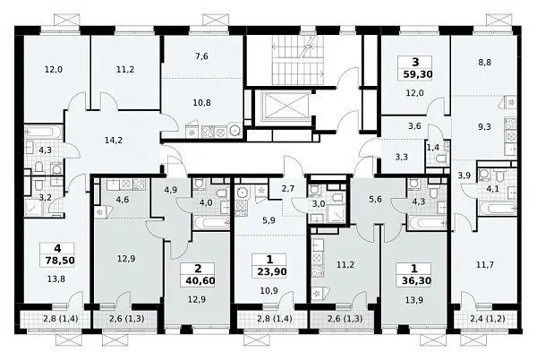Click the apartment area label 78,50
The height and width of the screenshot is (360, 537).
[60, 260]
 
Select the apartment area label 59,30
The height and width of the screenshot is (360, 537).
[417, 74]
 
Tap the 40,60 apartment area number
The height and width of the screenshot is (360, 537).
[200, 281]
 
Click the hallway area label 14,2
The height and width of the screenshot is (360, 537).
[114, 140]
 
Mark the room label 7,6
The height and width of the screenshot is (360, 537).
[201, 56]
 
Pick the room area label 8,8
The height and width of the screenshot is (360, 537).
[484, 63]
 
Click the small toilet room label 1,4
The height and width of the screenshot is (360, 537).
[432, 148]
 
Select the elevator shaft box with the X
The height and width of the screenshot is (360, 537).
[285, 107]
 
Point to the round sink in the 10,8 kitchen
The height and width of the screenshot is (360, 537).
[235, 130]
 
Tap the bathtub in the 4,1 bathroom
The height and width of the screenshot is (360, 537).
[498, 208]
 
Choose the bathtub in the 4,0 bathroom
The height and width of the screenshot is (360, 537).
[211, 223]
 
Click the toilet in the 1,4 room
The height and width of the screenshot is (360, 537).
[441, 159]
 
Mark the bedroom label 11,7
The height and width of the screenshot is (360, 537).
[485, 264]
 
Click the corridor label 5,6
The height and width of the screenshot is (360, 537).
[375, 200]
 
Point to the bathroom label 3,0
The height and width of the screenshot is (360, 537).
[318, 204]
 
